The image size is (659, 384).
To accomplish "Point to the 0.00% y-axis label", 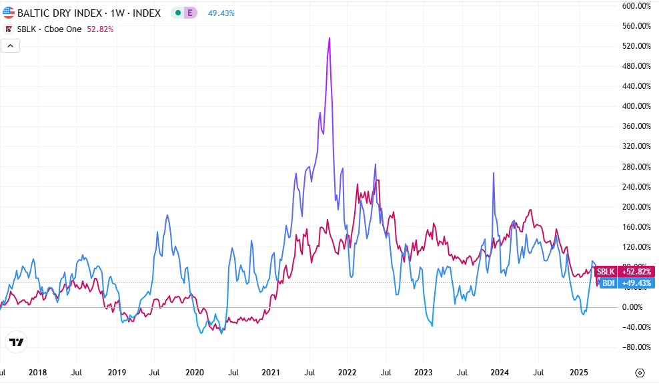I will (x=636, y=307).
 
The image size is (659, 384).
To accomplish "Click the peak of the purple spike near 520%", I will (x=329, y=39).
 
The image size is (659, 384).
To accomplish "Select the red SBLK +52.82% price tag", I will (x=624, y=271).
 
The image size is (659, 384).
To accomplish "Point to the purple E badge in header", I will (x=190, y=13).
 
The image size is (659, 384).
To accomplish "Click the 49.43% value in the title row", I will (x=221, y=13).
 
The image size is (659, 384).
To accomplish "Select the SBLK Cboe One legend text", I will (x=51, y=29).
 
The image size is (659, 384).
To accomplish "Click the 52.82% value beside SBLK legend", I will (x=101, y=29).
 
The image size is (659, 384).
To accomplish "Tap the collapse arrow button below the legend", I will (x=11, y=45).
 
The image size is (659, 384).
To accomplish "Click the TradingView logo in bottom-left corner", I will (x=17, y=342).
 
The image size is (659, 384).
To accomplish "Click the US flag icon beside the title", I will (x=9, y=12).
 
